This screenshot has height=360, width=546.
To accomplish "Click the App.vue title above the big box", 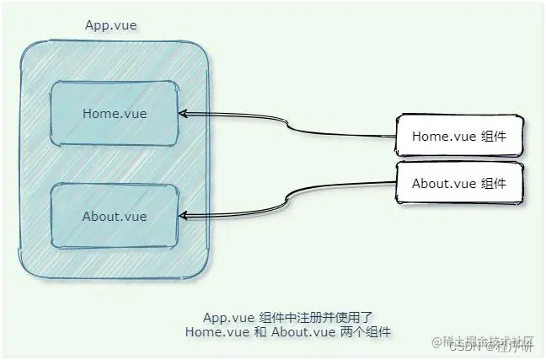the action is pyautogui.click(x=111, y=25).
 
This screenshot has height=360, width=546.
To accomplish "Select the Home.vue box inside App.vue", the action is pyautogui.click(x=115, y=114).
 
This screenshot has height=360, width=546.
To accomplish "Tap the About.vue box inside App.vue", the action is pyautogui.click(x=115, y=217).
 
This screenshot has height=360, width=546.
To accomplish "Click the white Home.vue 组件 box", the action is pyautogui.click(x=458, y=136).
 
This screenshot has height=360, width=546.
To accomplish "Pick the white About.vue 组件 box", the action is pyautogui.click(x=458, y=183).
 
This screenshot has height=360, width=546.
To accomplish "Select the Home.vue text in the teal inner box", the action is pyautogui.click(x=115, y=114).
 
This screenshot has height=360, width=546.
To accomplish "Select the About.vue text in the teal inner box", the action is pyautogui.click(x=115, y=217).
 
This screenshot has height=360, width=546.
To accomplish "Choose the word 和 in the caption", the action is pyautogui.click(x=258, y=332).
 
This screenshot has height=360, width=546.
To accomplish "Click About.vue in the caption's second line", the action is pyautogui.click(x=302, y=332).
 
